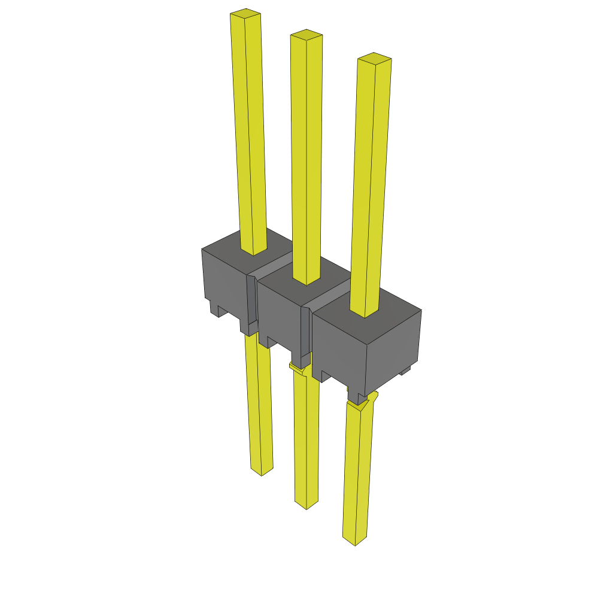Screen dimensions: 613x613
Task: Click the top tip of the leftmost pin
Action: point(245,13)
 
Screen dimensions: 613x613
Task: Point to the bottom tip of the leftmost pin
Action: point(262,471)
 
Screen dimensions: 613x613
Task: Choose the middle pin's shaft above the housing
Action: point(306,156)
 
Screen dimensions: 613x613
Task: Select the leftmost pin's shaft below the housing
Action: point(259,401)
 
